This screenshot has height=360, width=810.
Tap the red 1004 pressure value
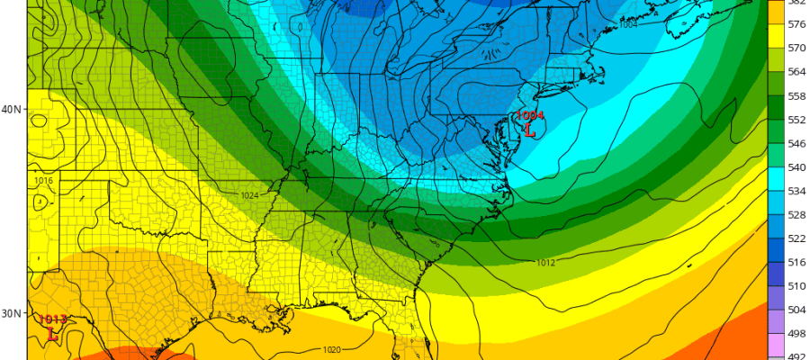[x=530, y=115]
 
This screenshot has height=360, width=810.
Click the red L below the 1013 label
[x=52, y=333]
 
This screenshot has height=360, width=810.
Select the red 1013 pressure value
[x=52, y=319]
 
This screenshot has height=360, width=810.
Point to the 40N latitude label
[x=13, y=109]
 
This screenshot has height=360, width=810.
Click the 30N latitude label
[x=13, y=313]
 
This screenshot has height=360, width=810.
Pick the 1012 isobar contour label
[x=545, y=263]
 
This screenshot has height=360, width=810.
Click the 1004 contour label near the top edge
[x=628, y=24]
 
